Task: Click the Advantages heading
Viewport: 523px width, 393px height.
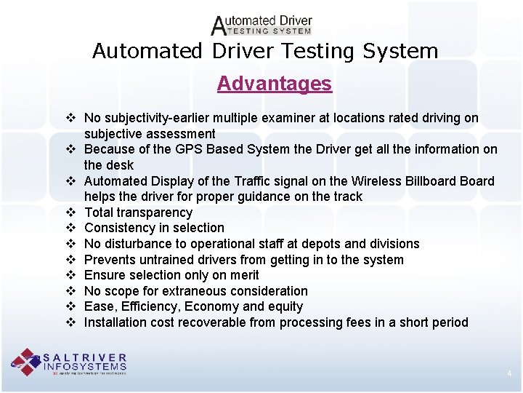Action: point(274,84)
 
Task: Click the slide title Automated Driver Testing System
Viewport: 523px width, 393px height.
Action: point(265,52)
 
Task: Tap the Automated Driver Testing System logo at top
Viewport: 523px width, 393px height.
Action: point(261,25)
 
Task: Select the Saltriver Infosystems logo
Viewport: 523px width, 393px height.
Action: point(69,362)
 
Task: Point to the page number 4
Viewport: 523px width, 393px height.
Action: point(509,374)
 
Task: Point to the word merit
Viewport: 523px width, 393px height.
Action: point(243,275)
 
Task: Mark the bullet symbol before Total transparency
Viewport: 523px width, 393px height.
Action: point(70,213)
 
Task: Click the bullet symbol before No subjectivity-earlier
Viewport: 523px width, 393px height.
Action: point(70,118)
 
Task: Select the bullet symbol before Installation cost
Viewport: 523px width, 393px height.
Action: point(70,322)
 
